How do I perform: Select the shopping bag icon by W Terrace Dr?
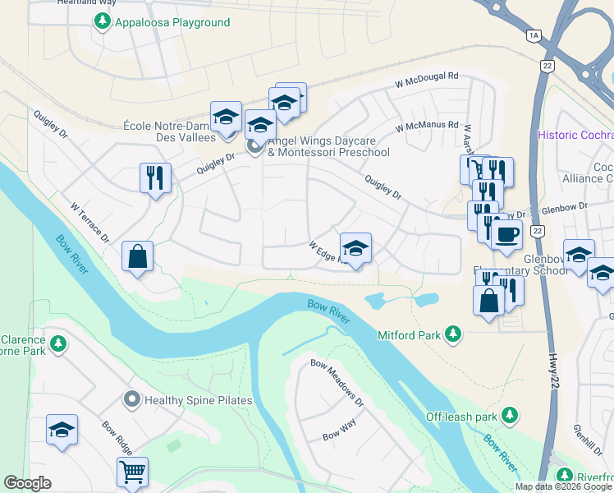coord(137,256)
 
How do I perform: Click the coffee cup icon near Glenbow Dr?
coord(506,234)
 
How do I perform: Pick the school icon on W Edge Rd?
coord(355,248)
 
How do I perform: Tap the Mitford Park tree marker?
coord(451,334)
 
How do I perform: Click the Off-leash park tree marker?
coord(510,416)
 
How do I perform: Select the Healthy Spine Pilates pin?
coord(131,400)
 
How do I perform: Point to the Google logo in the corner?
coord(27,482)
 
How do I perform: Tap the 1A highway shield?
coord(534,35)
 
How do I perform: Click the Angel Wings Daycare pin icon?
coord(254,146)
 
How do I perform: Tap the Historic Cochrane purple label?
coord(575,135)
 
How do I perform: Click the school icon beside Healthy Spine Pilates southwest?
coord(62,431)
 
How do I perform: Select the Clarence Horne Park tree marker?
coord(57,342)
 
